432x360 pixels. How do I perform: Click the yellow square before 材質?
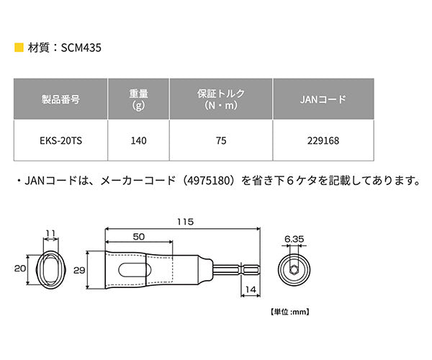click(x=18, y=50)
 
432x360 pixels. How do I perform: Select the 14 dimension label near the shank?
click(x=248, y=289)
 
